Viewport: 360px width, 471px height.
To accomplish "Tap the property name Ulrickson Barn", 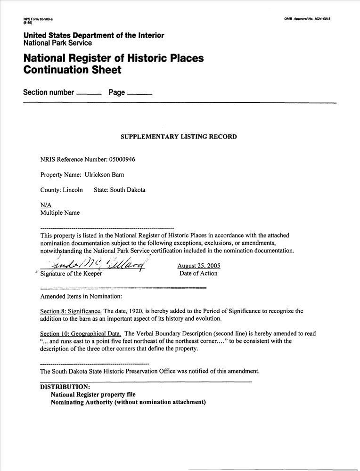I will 104,175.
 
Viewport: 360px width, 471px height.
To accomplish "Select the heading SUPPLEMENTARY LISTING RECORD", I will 179,137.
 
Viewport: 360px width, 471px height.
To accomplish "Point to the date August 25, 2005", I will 198,266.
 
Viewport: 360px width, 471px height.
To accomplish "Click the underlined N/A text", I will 46,205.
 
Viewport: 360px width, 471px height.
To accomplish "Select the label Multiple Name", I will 60,212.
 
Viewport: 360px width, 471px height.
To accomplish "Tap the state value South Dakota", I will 127,190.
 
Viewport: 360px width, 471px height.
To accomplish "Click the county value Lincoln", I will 73,190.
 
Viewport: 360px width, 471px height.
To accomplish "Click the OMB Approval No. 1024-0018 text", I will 307,18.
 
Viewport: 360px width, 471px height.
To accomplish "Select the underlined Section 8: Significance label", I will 71,311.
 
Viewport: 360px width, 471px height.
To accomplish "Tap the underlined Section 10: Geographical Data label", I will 81,333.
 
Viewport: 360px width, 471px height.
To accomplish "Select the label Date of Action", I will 198,273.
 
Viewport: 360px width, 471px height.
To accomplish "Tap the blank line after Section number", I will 89,95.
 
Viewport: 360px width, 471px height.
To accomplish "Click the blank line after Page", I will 139,95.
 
